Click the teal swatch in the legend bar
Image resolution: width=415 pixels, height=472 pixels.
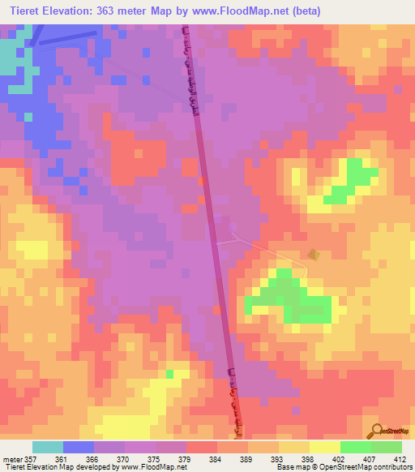48,447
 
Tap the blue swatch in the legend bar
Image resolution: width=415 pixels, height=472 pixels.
79,447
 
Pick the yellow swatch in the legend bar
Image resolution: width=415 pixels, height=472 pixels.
325,447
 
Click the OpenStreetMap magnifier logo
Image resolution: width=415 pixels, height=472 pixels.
376,429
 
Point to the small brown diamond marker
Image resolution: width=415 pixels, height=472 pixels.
315,255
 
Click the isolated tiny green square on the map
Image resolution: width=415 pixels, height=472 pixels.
170,374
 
